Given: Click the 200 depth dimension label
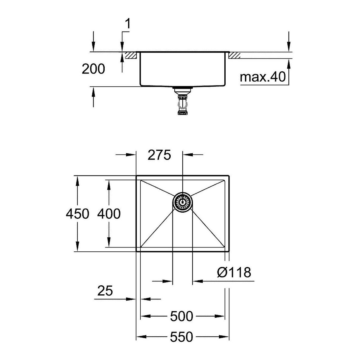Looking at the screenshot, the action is (x=93, y=69).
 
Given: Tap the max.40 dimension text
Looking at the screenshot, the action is (x=263, y=77).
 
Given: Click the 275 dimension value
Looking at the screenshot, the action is (x=159, y=155).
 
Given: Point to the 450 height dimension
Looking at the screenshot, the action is (x=77, y=214).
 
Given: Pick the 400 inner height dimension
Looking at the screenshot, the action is (x=109, y=214).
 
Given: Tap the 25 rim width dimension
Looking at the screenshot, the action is (x=105, y=291).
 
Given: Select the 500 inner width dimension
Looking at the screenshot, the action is (x=181, y=316).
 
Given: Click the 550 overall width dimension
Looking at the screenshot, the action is (x=181, y=337).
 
